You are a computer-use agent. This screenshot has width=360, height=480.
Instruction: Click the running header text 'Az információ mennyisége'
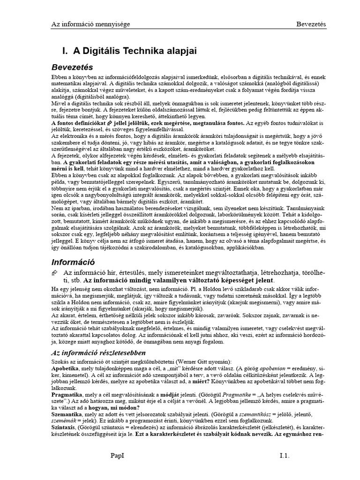(90, 24)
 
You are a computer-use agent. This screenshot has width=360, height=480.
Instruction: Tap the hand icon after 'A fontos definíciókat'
(110, 122)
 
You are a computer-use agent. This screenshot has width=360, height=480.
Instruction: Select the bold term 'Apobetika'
(66, 369)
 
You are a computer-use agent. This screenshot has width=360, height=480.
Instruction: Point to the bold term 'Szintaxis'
(65, 428)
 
